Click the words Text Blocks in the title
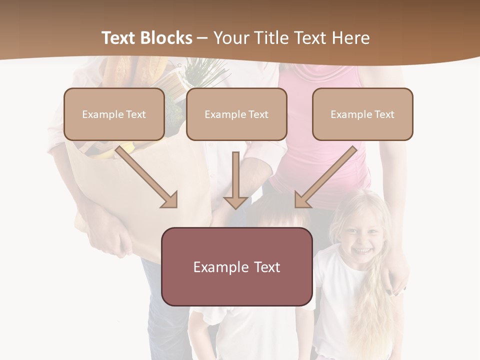pos(146,38)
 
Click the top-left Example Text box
pos(114,114)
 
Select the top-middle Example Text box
pos(236,114)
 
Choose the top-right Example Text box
pos(362,114)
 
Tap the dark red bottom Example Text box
pos(236,266)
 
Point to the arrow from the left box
pos(147,177)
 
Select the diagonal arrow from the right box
pos(325,177)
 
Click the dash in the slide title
pos(202,38)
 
